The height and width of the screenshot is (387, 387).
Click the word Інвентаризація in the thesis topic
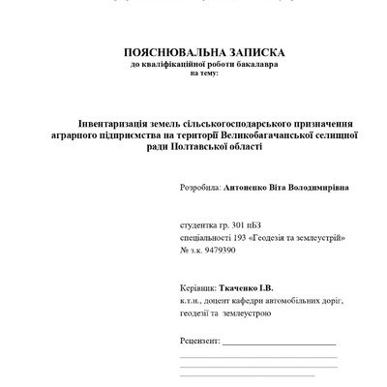(92, 124)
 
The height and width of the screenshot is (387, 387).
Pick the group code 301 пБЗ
(256, 223)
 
